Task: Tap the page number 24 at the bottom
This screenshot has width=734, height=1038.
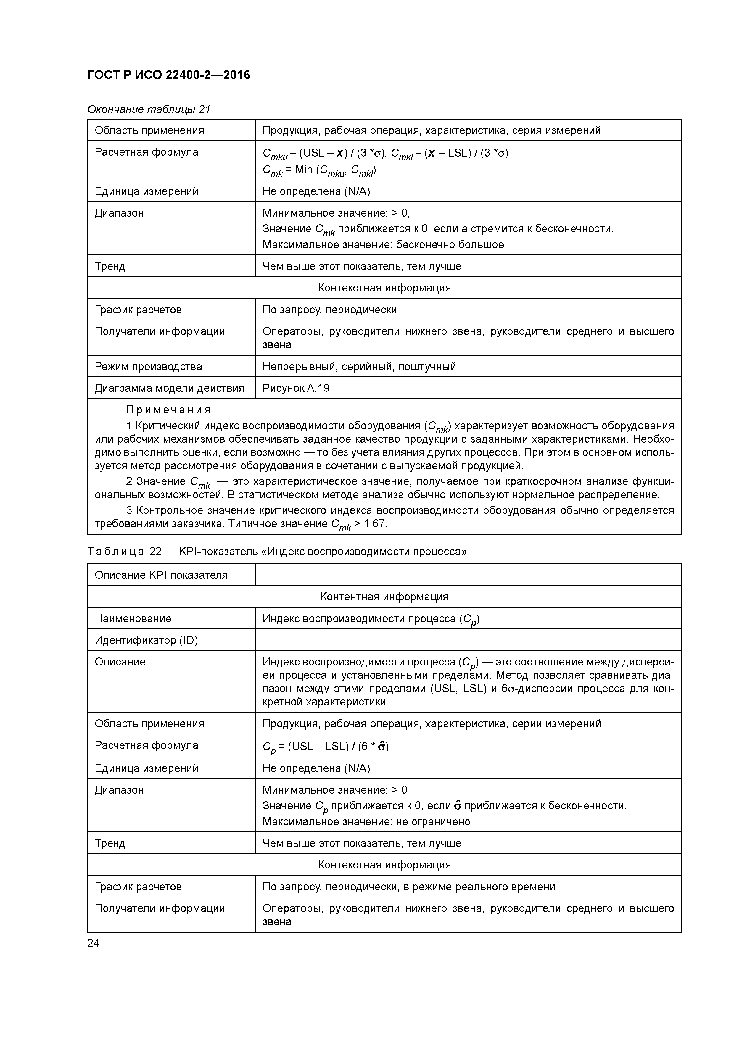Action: (93, 943)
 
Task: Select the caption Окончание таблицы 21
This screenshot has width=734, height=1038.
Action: (149, 109)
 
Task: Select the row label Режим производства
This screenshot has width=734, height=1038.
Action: (148, 366)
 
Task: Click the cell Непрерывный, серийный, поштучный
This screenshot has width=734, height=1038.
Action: (359, 366)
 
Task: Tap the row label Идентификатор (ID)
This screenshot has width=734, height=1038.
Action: (146, 640)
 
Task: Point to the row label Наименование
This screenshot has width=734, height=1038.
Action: (133, 618)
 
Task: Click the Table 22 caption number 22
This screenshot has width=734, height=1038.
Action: (156, 552)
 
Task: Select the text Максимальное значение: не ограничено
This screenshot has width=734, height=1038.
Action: (366, 821)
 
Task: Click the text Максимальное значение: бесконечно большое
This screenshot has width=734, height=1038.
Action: (383, 245)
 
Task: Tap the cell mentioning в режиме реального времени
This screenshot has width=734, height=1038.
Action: (408, 887)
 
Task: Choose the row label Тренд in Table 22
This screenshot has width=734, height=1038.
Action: (110, 843)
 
